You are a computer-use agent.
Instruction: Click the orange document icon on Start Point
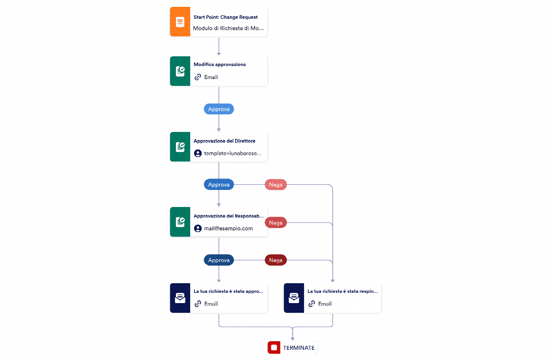tap(180, 22)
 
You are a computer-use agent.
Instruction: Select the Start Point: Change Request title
tap(225, 17)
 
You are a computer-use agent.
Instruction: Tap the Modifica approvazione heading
tap(220, 65)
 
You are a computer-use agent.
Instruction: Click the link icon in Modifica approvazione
tap(198, 77)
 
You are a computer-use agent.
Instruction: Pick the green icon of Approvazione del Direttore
tap(180, 147)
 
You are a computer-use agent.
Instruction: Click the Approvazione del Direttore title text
tap(224, 141)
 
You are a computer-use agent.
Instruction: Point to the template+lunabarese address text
tap(233, 154)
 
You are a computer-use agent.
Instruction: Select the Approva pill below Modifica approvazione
tap(219, 109)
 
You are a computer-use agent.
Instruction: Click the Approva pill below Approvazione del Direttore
tap(219, 184)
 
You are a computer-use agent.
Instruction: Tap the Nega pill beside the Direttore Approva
tap(275, 184)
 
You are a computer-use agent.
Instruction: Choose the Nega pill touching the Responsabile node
tap(276, 222)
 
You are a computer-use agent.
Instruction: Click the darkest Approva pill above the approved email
tap(219, 260)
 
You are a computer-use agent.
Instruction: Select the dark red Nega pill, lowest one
tap(275, 260)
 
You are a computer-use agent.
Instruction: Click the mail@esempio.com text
tap(228, 228)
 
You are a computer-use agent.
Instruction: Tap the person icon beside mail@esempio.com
tap(198, 228)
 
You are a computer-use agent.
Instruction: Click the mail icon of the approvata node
tap(180, 298)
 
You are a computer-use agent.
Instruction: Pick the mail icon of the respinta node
tap(294, 298)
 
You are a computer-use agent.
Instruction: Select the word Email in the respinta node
tap(324, 304)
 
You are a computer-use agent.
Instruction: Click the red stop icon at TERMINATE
tap(274, 347)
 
